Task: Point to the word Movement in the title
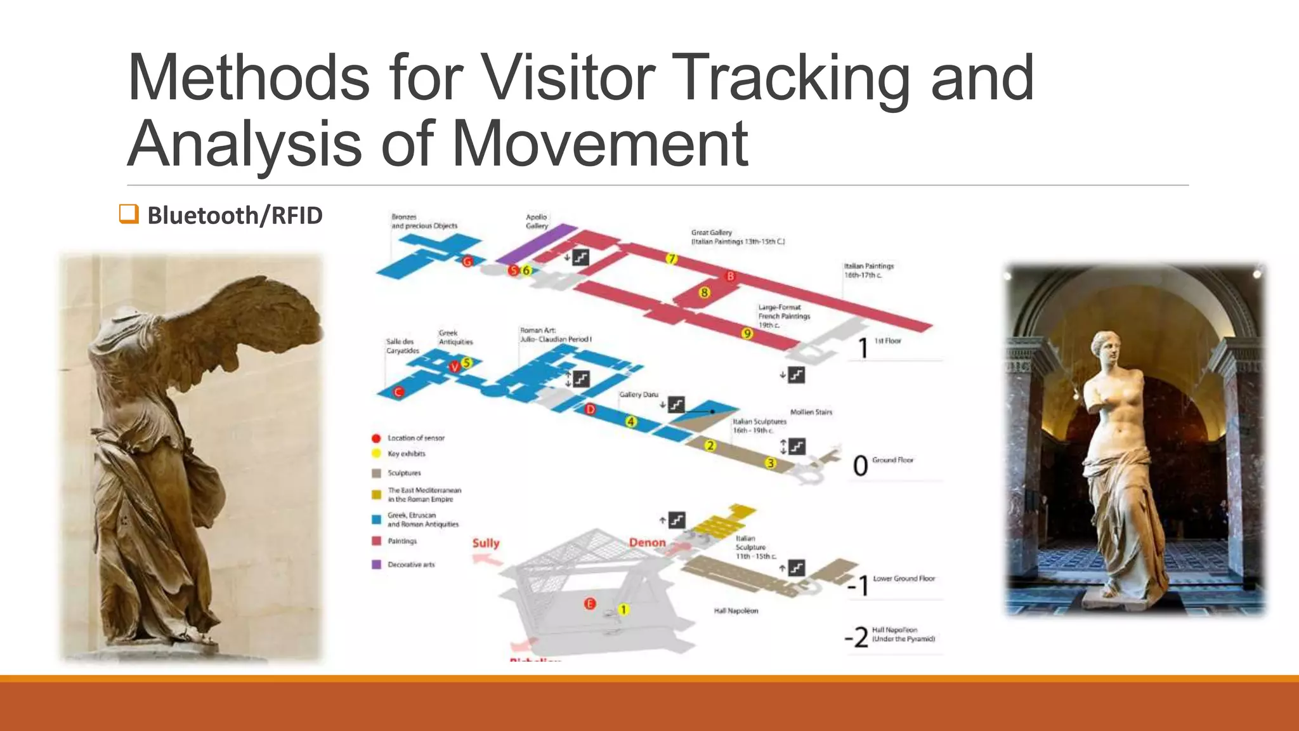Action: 599,145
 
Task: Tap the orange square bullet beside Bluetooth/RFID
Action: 129,214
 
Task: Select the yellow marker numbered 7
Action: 672,258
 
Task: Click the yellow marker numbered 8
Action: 704,293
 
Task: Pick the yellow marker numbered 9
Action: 747,334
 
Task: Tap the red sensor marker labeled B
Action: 730,276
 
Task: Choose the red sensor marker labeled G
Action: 467,261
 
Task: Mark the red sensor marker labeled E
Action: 590,603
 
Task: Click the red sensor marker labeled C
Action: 398,392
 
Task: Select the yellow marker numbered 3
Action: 771,463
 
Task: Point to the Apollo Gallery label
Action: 537,221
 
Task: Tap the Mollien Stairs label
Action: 811,412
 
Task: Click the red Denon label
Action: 647,543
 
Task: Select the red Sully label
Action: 486,543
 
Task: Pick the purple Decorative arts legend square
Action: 376,564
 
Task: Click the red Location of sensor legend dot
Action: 375,438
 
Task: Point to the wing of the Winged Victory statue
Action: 254,317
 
